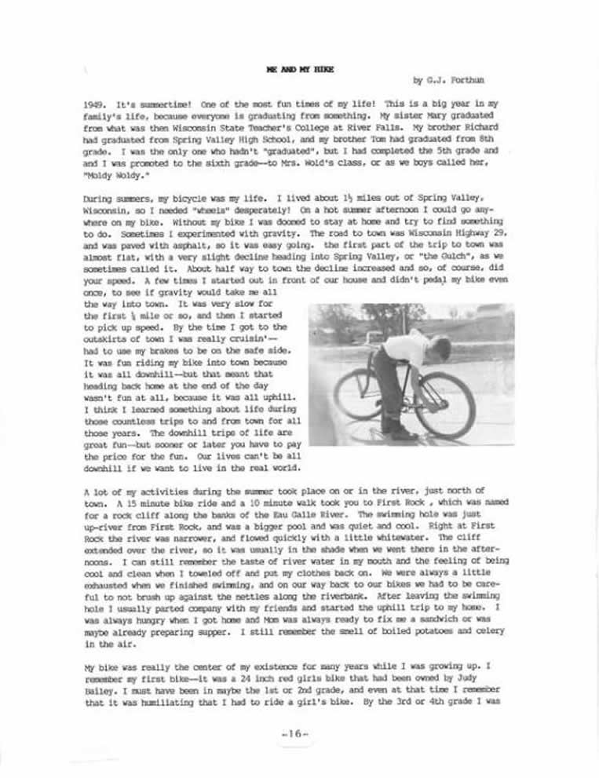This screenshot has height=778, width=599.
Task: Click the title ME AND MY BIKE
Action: point(300,69)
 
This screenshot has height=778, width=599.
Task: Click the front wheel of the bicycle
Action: point(444,404)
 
